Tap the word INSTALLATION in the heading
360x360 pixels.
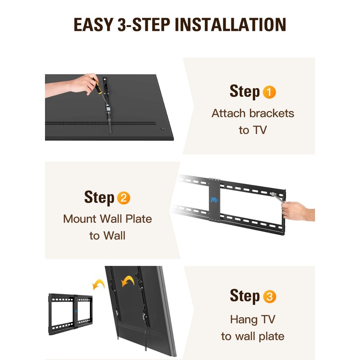[x=230, y=25]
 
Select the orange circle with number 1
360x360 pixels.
[x=269, y=93]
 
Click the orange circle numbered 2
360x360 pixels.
[x=123, y=198]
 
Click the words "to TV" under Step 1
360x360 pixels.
[x=252, y=130]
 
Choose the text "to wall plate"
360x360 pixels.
[x=252, y=336]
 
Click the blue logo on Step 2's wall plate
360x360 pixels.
[x=214, y=199]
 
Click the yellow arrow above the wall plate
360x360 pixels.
[x=98, y=284]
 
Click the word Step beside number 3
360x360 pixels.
[x=245, y=297]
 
